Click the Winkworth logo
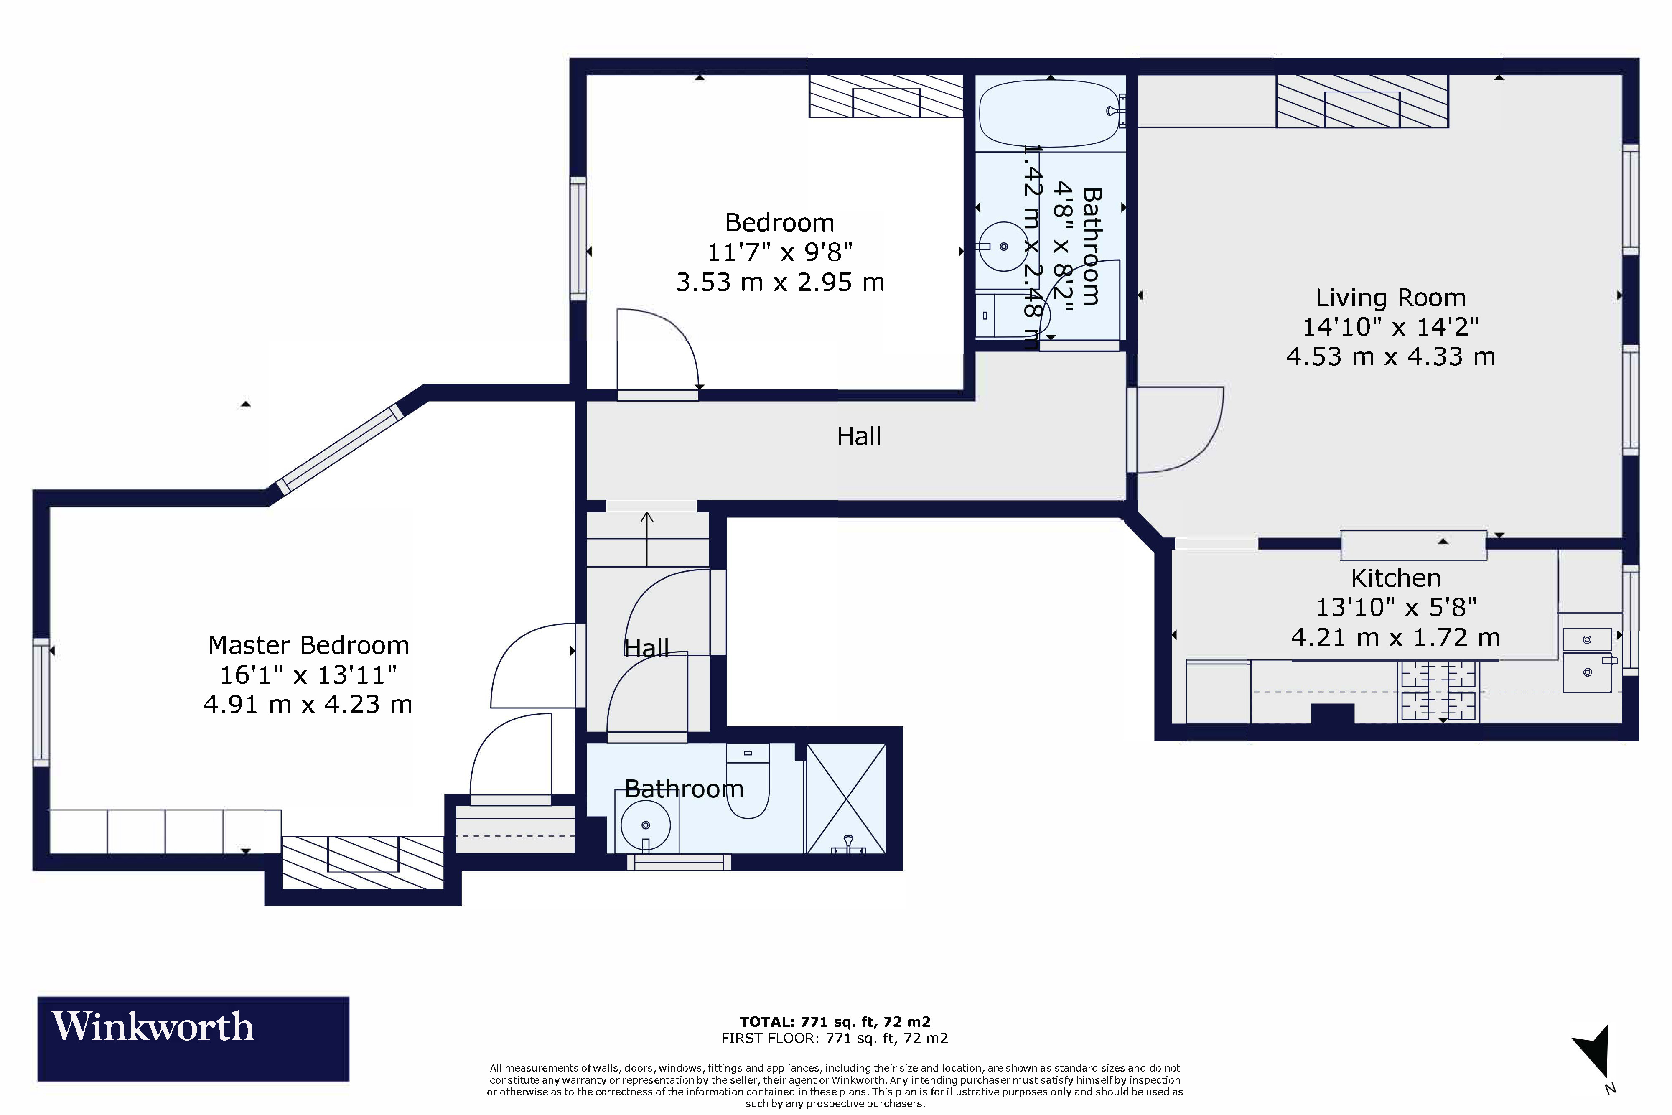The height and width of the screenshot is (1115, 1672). pos(193,1038)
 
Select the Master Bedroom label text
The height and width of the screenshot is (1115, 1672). pos(308,645)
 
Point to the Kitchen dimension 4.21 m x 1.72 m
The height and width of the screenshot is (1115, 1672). pos(1395,638)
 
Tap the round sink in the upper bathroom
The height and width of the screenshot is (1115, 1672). pos(1003,247)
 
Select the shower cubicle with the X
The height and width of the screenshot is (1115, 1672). pos(845,798)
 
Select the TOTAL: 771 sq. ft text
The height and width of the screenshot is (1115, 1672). pos(835,1022)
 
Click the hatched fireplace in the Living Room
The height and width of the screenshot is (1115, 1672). pos(1362,102)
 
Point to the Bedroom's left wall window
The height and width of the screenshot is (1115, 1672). pos(578,238)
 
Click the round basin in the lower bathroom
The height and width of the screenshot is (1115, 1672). pos(646,825)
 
